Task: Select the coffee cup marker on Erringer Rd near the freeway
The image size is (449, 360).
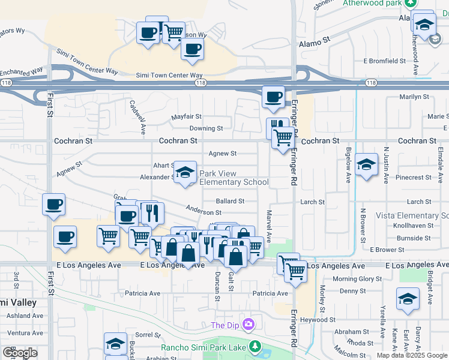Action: tap(274, 97)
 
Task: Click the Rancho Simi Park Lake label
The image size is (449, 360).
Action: tap(205, 347)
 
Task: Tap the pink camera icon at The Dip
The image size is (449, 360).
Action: tap(249, 325)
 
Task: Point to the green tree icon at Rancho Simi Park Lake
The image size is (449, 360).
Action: tap(255, 347)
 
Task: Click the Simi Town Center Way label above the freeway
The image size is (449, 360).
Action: tap(169, 76)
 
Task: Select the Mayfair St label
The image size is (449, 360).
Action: tap(187, 116)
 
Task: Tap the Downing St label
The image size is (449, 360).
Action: tap(206, 128)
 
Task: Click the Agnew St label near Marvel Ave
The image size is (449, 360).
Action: tap(222, 154)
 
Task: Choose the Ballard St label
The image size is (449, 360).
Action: tap(231, 202)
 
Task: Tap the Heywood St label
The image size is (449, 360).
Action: tap(317, 320)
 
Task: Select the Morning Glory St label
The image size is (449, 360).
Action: tap(357, 279)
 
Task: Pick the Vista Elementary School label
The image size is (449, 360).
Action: tap(412, 215)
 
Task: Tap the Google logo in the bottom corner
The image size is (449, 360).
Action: tap(19, 352)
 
